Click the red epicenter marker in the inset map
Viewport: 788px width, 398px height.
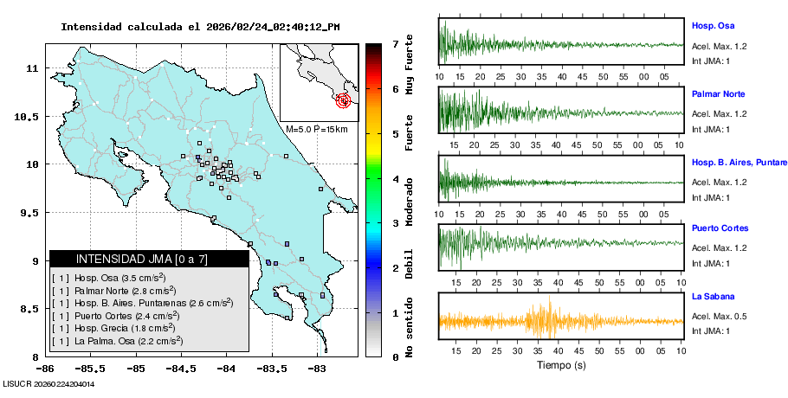pos(345,100)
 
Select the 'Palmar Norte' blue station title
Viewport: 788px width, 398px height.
pos(718,93)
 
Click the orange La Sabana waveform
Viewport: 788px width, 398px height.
pos(561,321)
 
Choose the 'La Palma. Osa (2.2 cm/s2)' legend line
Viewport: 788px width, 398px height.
pos(118,341)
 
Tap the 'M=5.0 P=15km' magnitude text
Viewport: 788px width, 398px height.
pos(316,129)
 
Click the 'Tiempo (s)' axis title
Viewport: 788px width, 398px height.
pos(561,365)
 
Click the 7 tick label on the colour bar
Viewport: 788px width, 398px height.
pos(395,43)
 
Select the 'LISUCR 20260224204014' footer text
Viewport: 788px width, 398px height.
pos(48,383)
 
